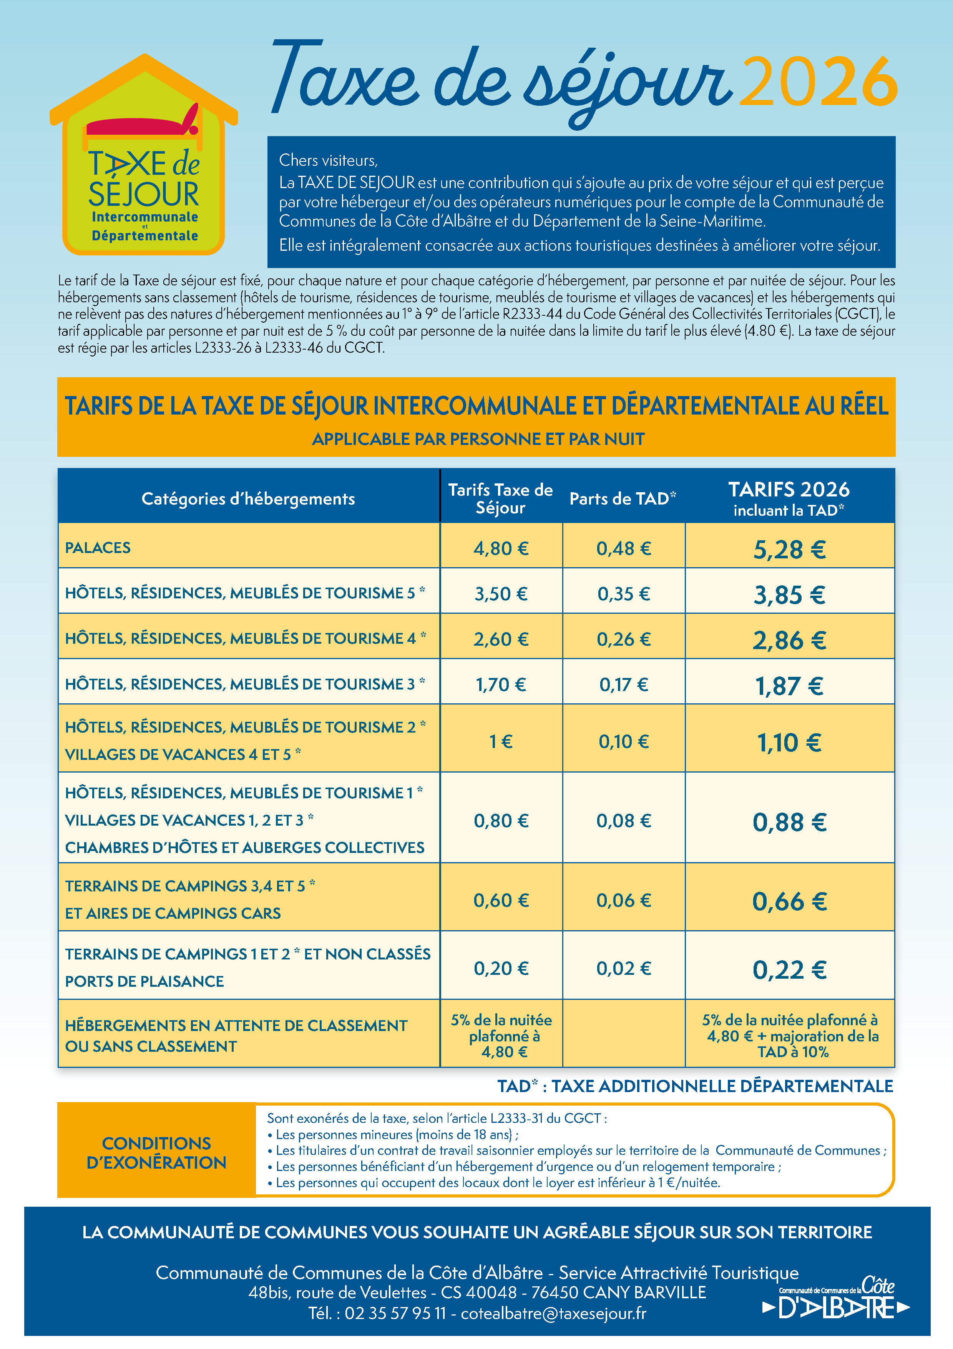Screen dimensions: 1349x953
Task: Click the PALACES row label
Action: coord(98,548)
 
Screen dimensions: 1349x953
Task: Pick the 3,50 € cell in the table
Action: coord(501,593)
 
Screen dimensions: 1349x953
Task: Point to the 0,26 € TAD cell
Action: coord(624,639)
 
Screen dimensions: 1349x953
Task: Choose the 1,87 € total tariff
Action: coord(789,685)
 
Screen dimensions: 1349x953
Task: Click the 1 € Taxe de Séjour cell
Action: coord(501,741)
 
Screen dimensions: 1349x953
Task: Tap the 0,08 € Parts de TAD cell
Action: coord(624,821)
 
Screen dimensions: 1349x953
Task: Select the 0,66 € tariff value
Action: coord(789,901)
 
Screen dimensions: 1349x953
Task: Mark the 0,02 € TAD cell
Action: coord(624,968)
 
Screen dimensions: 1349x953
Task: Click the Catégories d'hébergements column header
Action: coord(248,499)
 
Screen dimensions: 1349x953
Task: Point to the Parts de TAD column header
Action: coord(623,499)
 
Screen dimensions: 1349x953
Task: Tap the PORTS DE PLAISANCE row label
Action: coord(144,981)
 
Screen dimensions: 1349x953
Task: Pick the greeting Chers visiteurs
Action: coord(328,160)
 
